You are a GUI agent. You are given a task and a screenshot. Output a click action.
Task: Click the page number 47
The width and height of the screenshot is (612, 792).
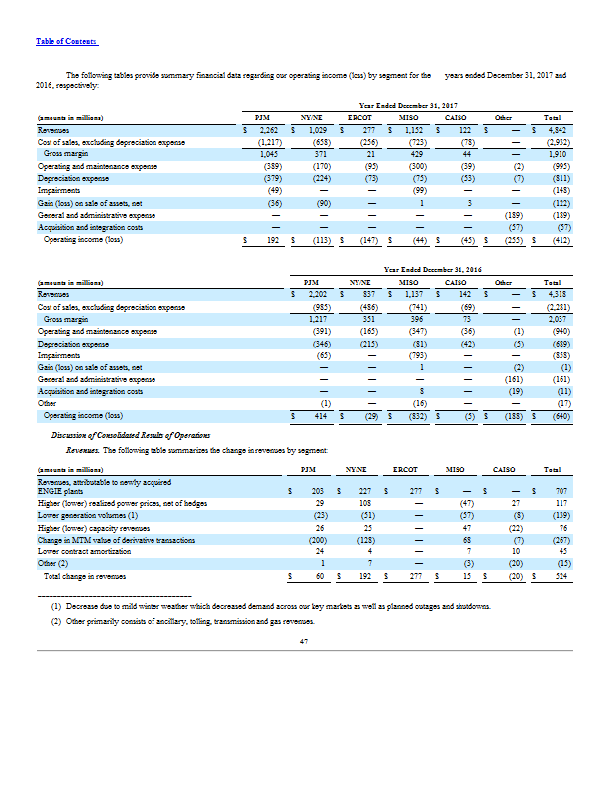(305, 642)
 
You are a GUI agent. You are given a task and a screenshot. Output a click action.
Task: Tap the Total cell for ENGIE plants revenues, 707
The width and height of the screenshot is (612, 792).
(555, 490)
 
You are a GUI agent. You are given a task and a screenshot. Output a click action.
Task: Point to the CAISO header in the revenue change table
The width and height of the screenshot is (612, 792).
(509, 468)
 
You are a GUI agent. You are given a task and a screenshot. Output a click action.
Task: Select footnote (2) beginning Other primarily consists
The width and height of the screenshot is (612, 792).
(183, 621)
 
